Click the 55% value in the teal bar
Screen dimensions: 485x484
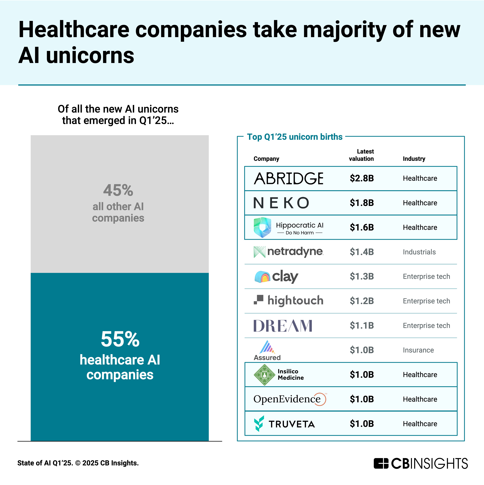pyautogui.click(x=120, y=339)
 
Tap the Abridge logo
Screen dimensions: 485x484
pyautogui.click(x=288, y=179)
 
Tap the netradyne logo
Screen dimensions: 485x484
pyautogui.click(x=288, y=252)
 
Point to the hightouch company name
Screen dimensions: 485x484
pyautogui.click(x=295, y=301)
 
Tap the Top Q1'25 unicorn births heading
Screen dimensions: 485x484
pyautogui.click(x=295, y=137)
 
